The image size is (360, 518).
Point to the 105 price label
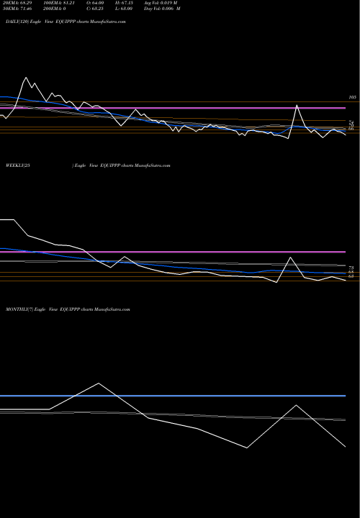[352, 97]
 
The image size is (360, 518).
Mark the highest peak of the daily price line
[26, 77]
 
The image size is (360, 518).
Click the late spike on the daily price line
[297, 106]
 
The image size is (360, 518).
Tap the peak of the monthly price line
[99, 382]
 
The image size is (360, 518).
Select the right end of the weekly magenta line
[346, 252]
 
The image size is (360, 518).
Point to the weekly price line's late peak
[290, 258]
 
